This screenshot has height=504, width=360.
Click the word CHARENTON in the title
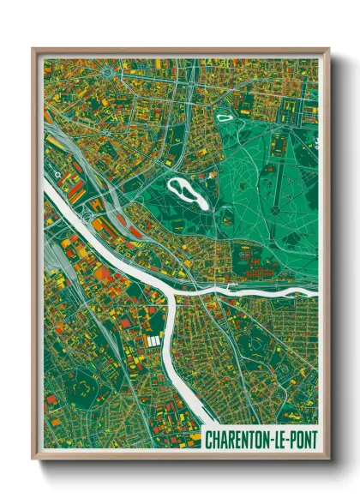pos(235,440)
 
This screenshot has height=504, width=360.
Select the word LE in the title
pos(275,440)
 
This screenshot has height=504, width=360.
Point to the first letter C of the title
pos(208,440)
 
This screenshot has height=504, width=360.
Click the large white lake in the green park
pos(189,192)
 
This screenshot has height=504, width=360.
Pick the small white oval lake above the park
pos(225,117)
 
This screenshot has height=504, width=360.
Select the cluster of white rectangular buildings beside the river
pos(153,342)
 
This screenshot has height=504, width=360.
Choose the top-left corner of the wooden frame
pos(32,48)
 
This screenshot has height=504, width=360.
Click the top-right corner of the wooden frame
pos(329,48)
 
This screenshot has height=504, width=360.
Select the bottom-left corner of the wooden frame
pos(32,461)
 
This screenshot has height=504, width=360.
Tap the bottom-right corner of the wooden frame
pos(329,461)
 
